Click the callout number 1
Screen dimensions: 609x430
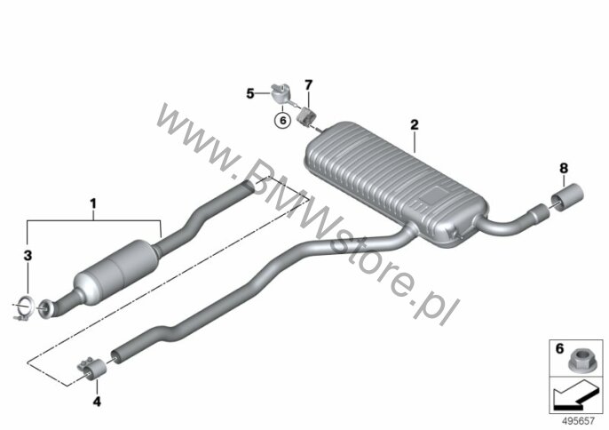[93, 203]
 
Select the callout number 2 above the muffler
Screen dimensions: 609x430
[415, 124]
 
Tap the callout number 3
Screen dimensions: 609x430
[28, 256]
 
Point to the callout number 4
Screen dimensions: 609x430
[97, 402]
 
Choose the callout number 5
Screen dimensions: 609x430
[250, 93]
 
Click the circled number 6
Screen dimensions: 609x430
[282, 121]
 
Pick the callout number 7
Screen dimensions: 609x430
[308, 84]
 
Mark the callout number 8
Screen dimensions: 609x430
[564, 168]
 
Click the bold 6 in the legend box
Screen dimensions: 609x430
[559, 349]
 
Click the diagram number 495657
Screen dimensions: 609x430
[578, 420]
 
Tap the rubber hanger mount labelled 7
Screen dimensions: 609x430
[307, 115]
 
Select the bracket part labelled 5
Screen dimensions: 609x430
[281, 93]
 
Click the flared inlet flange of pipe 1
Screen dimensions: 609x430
[47, 309]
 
